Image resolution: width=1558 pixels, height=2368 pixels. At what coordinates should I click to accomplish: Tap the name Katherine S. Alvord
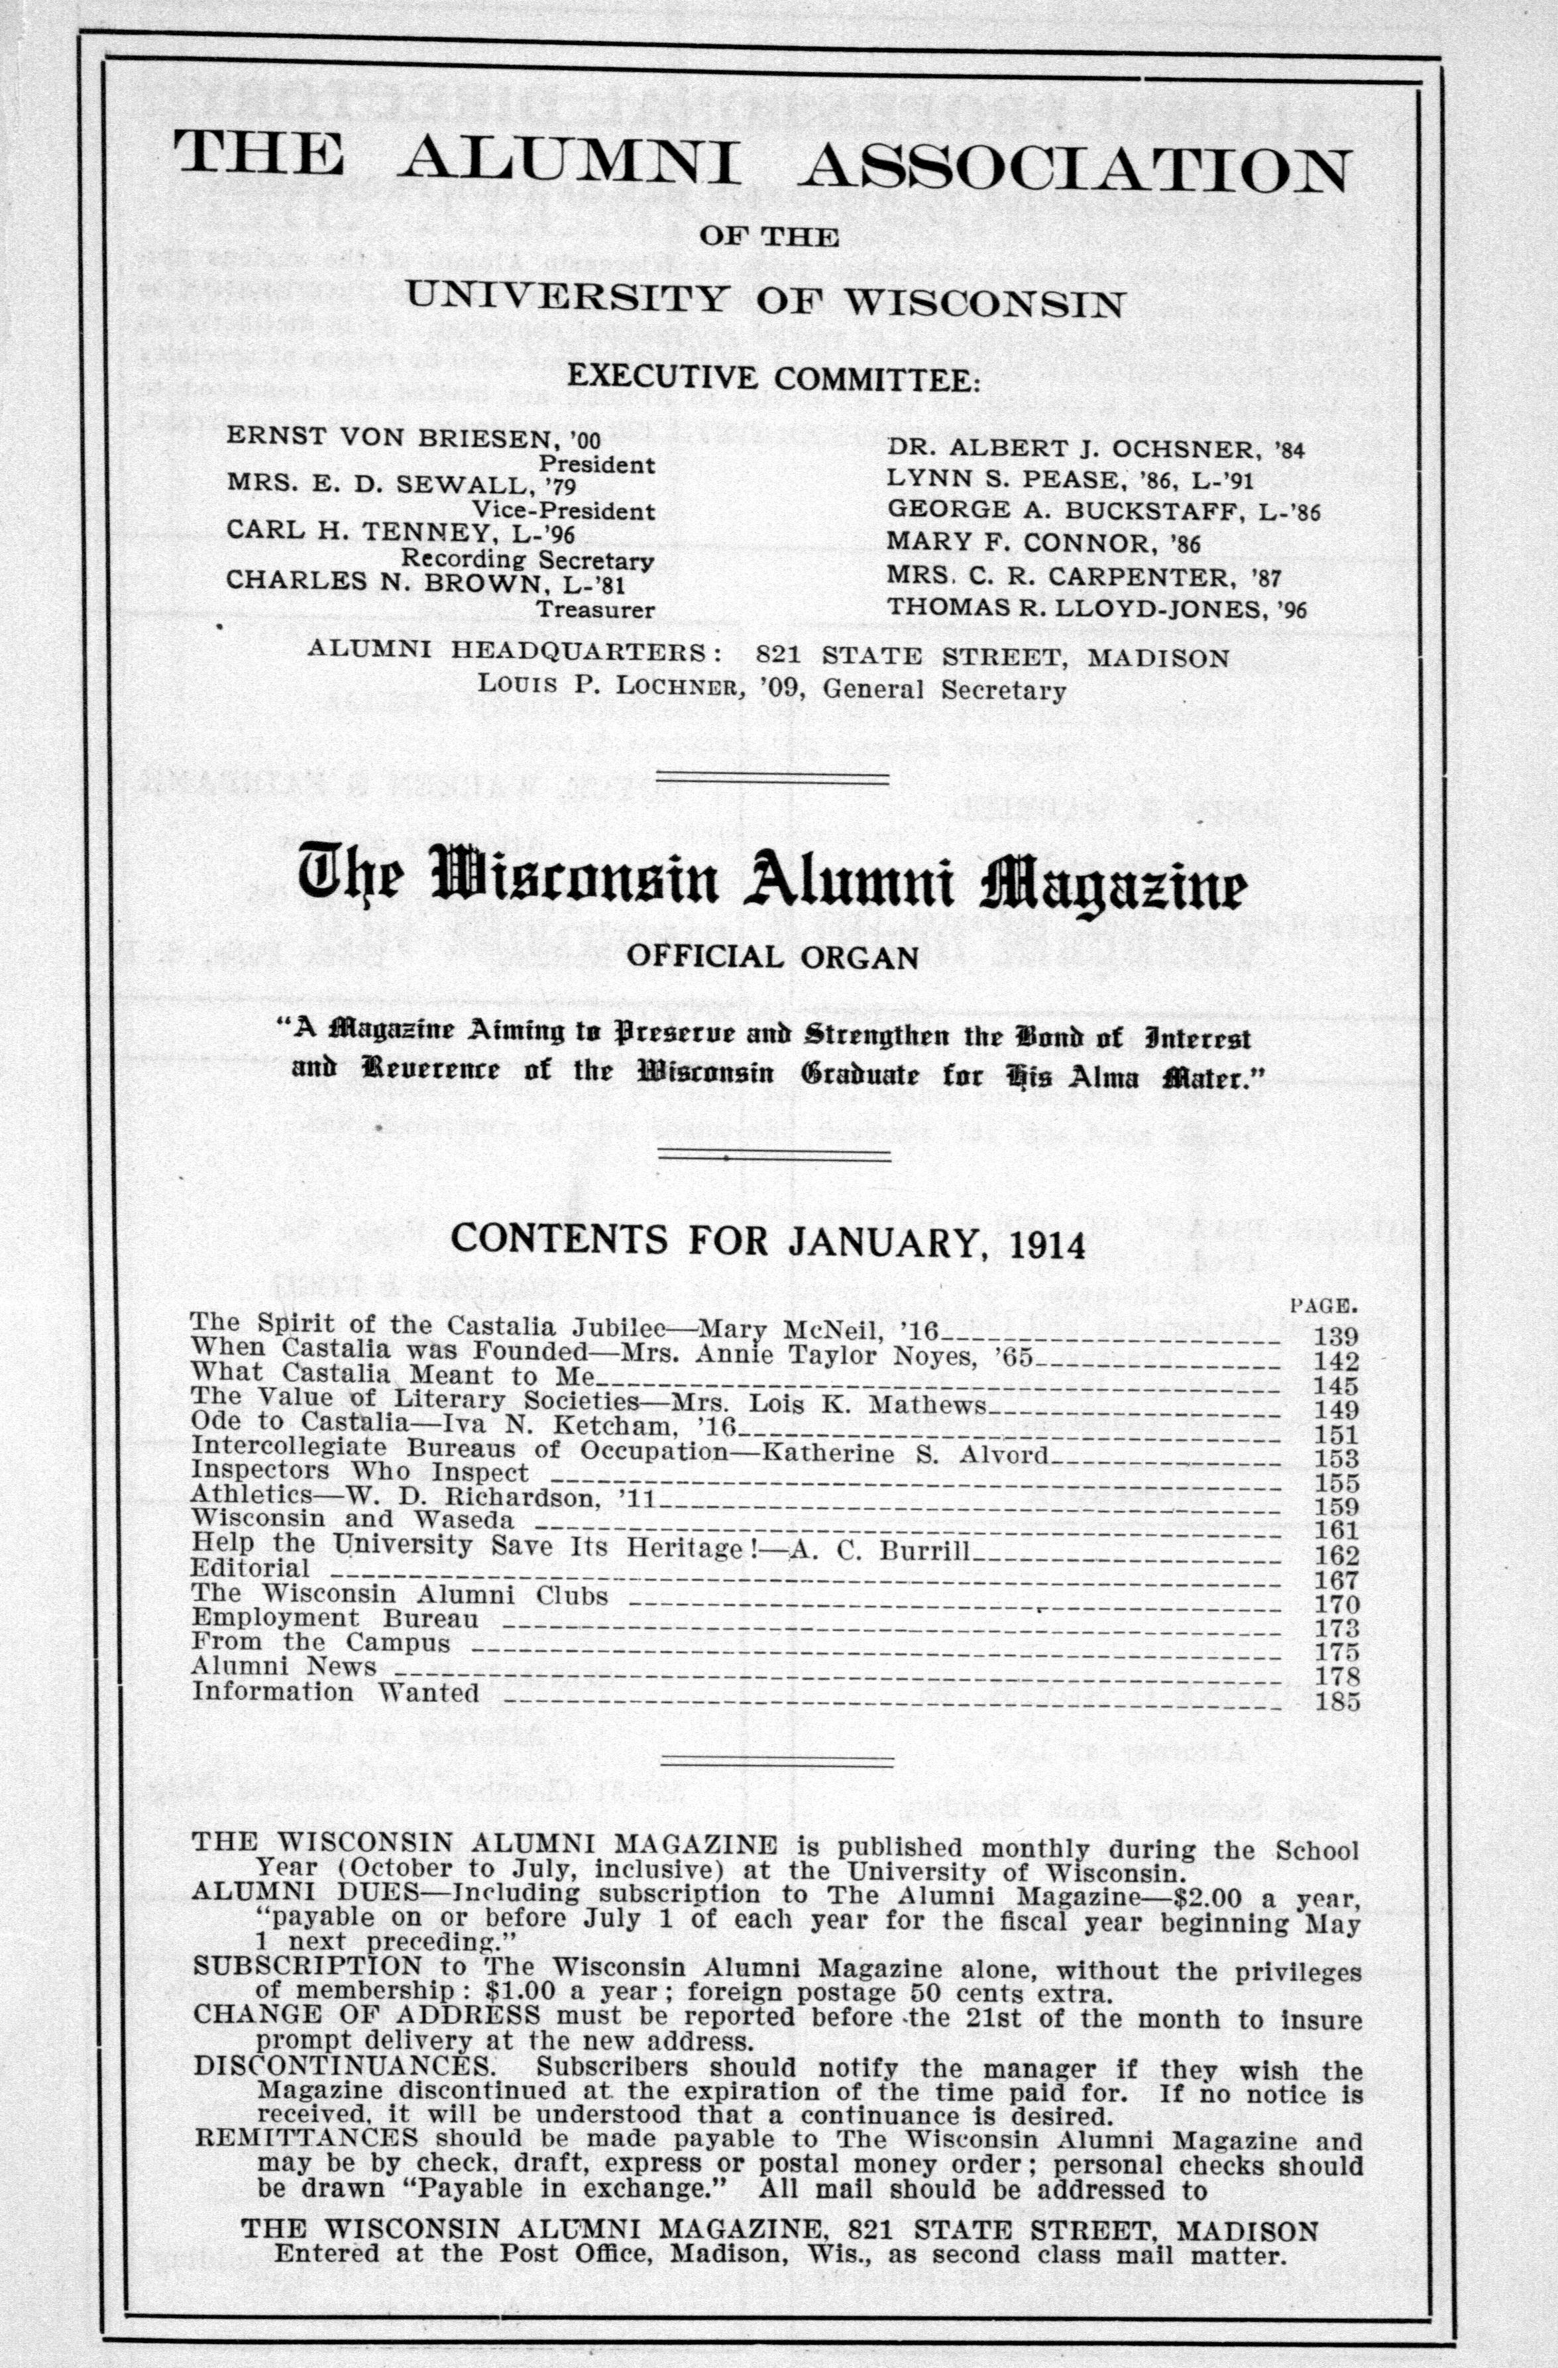click(x=905, y=1451)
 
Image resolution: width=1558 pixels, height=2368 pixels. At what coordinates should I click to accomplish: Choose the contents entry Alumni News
click(x=284, y=1667)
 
